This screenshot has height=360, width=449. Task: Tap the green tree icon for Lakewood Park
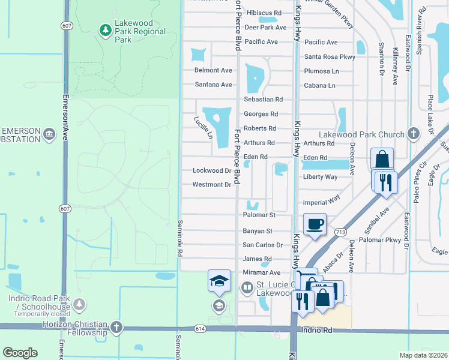pos(106,29)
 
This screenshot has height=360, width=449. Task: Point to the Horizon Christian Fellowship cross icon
pos(116,328)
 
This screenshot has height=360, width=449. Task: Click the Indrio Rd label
pos(317,330)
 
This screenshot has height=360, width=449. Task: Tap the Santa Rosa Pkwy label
pos(329,57)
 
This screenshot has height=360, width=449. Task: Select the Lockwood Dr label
pos(211,171)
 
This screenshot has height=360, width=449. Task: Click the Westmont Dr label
pos(211,185)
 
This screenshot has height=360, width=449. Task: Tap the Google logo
pos(20,353)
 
